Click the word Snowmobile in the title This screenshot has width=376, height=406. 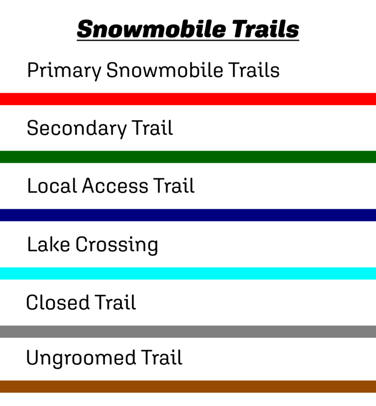pyautogui.click(x=144, y=29)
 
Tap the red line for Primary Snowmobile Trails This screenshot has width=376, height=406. pyautogui.click(x=188, y=99)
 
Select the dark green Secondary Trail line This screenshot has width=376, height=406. pyautogui.click(x=188, y=157)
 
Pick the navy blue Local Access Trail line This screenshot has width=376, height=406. pyautogui.click(x=188, y=215)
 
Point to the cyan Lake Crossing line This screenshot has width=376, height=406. pyautogui.click(x=188, y=273)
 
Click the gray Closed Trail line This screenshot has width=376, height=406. pyautogui.click(x=188, y=331)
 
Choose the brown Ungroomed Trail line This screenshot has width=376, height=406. pyautogui.click(x=188, y=386)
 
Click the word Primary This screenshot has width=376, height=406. pyautogui.click(x=64, y=71)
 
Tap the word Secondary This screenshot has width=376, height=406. pyautogui.click(x=77, y=128)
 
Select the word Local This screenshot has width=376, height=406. pyautogui.click(x=52, y=186)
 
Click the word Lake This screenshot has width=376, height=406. pyautogui.click(x=48, y=245)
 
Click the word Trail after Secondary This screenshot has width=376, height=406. pyautogui.click(x=153, y=128)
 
